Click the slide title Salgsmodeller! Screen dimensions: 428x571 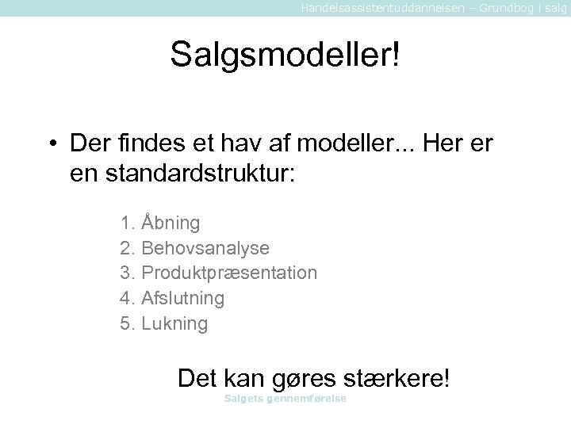point(285,55)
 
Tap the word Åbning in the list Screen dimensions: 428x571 point(171,223)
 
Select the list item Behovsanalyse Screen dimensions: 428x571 point(205,248)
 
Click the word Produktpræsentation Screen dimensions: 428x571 point(229,273)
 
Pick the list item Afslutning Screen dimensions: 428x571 point(182,299)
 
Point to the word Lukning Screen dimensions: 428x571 point(174,324)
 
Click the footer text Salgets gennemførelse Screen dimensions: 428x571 point(285,398)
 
